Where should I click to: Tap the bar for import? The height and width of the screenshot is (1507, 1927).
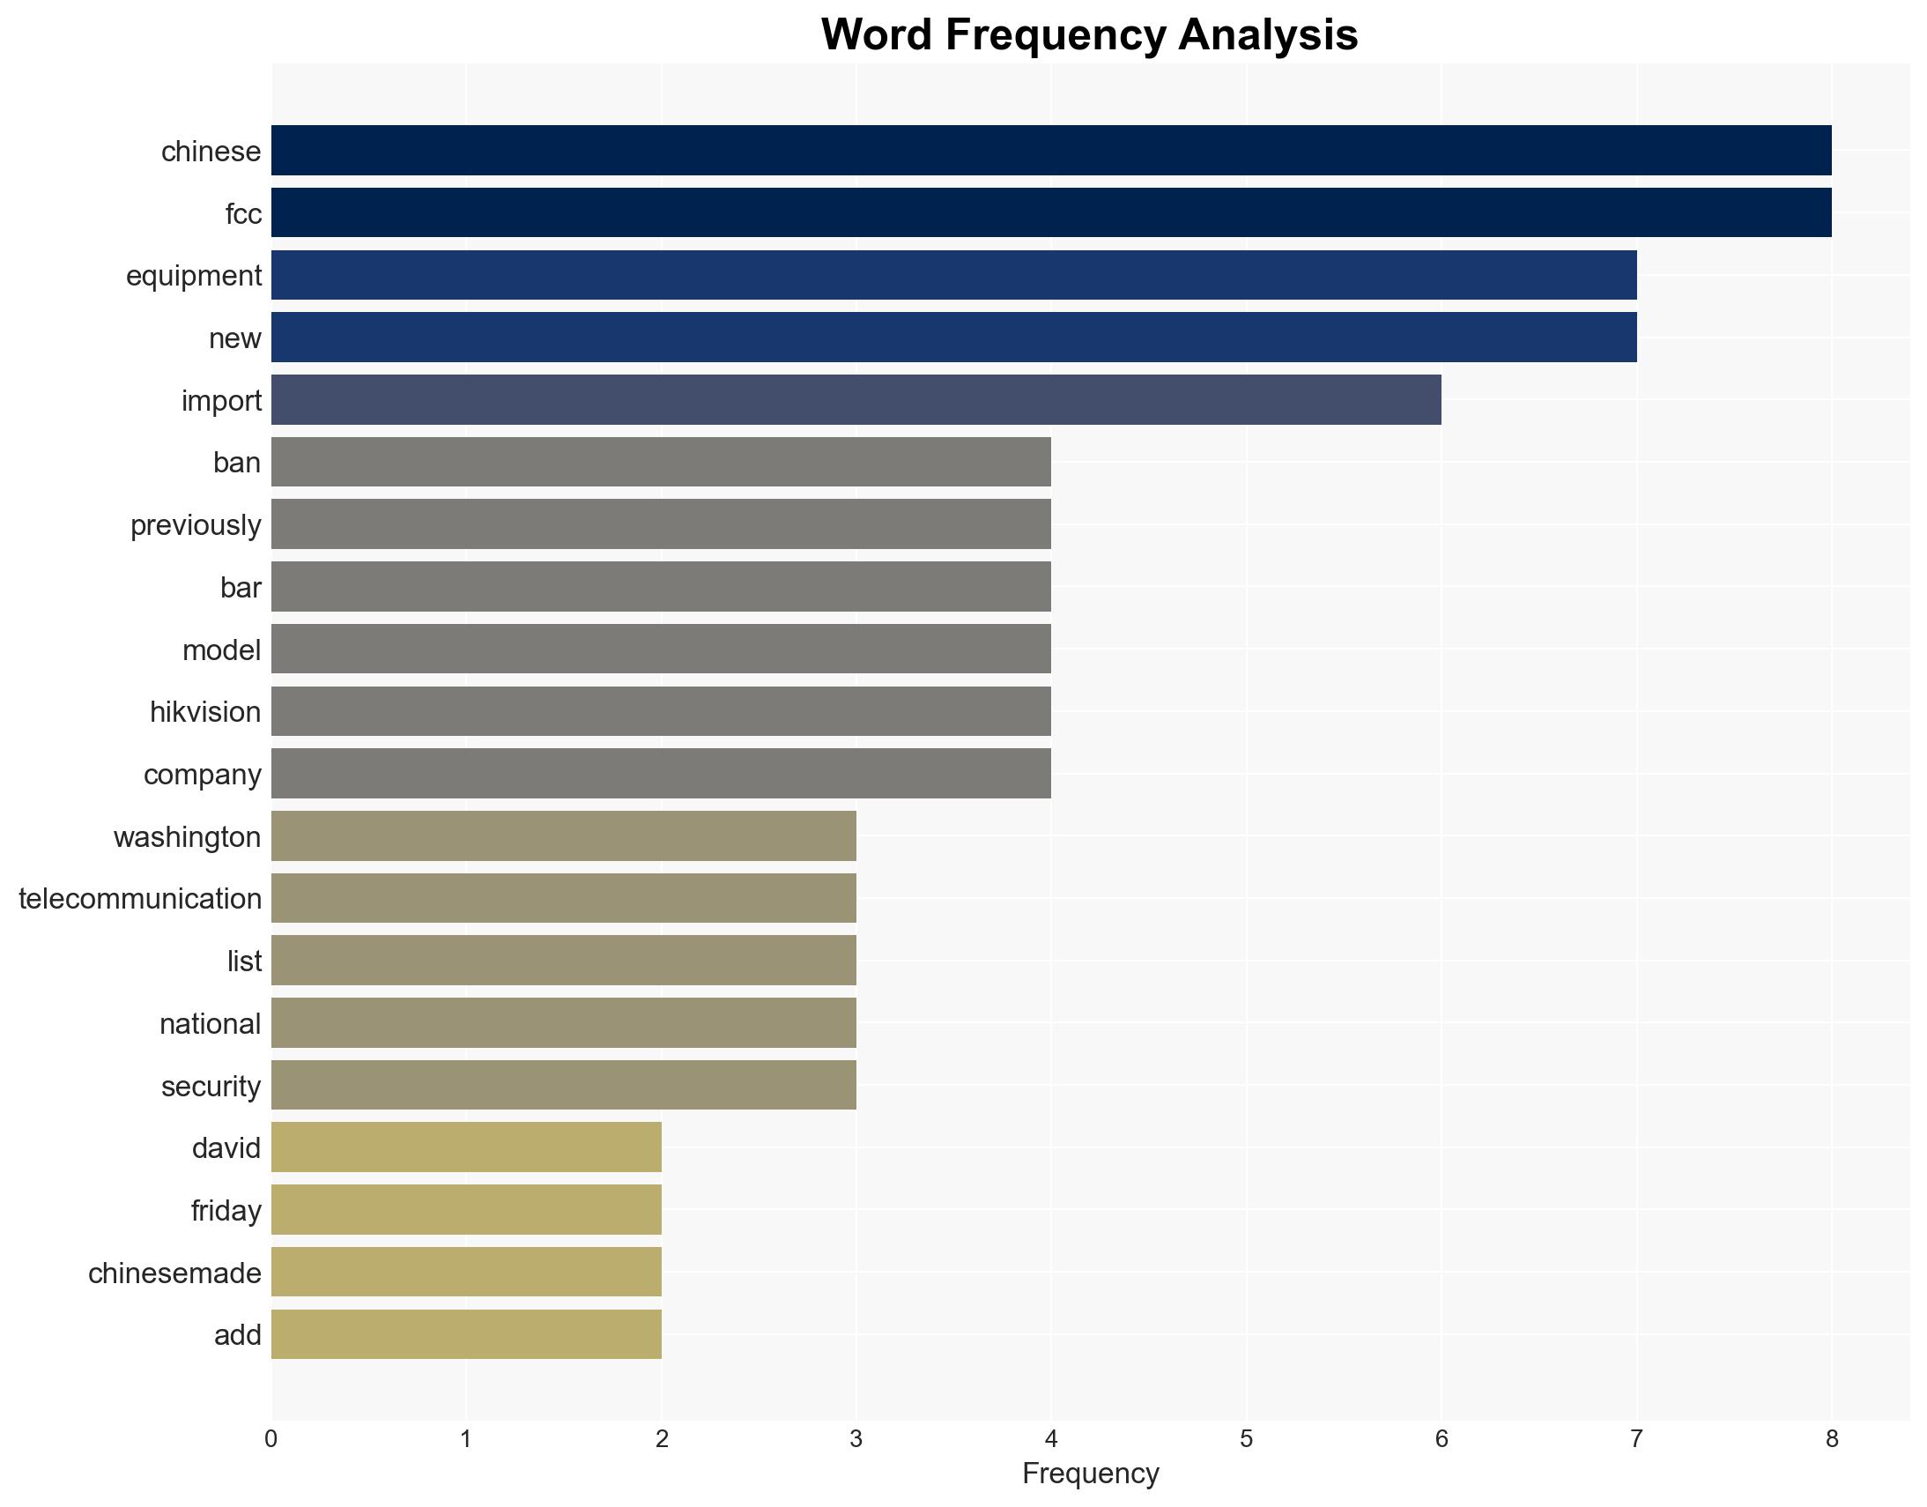point(856,400)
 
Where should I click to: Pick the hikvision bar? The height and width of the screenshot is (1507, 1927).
point(661,711)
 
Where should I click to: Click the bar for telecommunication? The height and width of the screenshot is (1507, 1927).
point(563,898)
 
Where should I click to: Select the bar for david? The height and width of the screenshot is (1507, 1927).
point(466,1147)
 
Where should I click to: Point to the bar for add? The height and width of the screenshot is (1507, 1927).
point(466,1334)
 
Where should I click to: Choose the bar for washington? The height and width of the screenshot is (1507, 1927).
point(563,835)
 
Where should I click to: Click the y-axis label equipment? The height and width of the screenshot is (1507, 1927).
point(194,276)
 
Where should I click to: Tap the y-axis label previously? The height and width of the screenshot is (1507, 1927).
point(196,525)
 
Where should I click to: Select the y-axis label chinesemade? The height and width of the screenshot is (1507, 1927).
point(174,1273)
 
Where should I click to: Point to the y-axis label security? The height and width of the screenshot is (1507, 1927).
point(211,1086)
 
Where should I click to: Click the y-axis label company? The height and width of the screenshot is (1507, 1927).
point(202,775)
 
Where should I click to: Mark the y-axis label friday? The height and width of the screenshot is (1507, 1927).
point(226,1211)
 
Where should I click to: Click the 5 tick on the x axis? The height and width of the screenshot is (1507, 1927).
point(1246,1439)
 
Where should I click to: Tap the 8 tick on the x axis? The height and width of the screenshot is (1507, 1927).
point(1831,1439)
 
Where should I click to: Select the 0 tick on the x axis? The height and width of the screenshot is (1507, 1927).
point(271,1439)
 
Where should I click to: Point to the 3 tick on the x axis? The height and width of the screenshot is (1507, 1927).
point(856,1439)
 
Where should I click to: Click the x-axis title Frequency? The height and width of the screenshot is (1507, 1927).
point(1090,1474)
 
